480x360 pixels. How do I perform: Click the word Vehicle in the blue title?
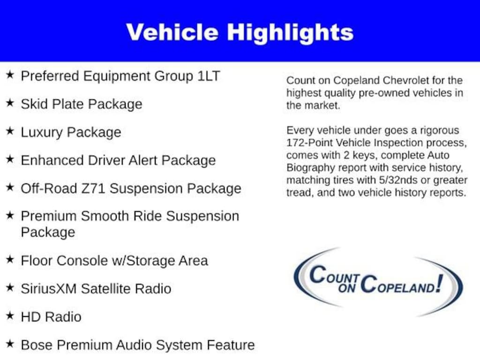click(x=172, y=32)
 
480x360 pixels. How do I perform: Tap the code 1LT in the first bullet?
click(x=209, y=76)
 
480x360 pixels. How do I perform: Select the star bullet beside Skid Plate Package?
click(x=10, y=103)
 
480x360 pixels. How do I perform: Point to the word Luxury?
click(x=42, y=133)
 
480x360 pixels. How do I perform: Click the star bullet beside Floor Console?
click(x=10, y=260)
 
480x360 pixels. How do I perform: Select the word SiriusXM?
click(x=49, y=289)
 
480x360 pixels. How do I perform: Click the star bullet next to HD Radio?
click(x=10, y=315)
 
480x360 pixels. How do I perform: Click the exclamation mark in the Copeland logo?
click(x=440, y=283)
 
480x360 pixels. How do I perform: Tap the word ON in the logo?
click(x=347, y=288)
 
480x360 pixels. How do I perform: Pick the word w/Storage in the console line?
click(x=143, y=261)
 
